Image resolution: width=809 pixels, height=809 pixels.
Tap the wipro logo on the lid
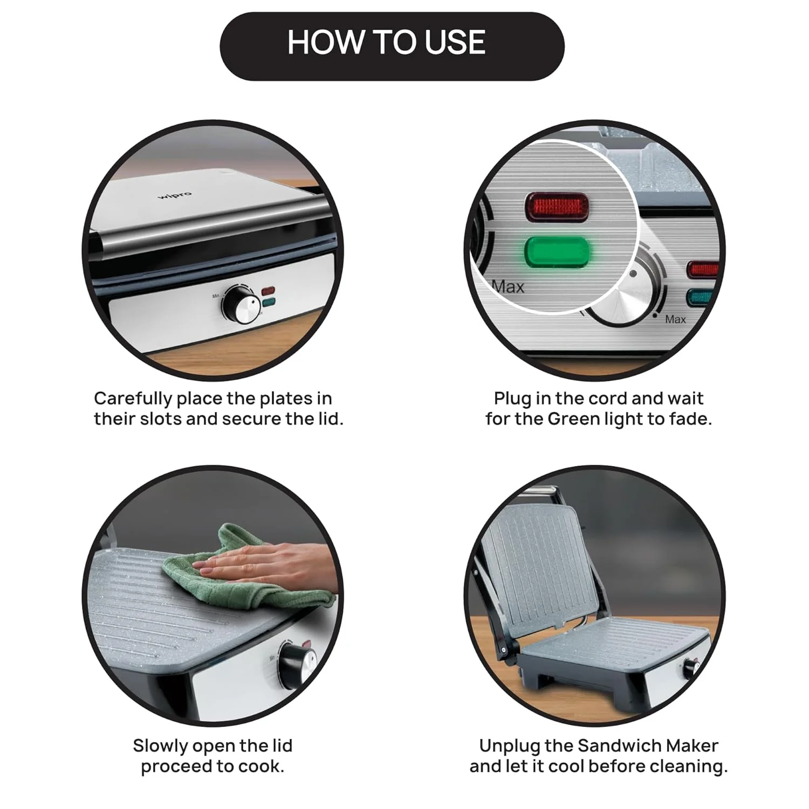click(174, 195)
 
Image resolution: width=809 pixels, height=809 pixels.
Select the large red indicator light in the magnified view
click(556, 207)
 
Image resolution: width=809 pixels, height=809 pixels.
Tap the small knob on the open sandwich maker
click(691, 669)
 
